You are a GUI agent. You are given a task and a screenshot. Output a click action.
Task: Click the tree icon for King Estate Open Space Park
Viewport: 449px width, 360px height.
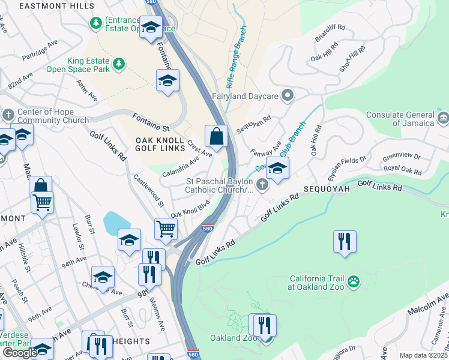point(119,63)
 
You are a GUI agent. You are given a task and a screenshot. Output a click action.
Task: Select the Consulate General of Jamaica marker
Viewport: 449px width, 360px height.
point(443,116)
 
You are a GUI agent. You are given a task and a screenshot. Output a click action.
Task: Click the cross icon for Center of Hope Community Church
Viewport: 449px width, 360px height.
point(8,114)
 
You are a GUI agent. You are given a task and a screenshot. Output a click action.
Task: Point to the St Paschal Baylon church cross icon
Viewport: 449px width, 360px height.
point(262,185)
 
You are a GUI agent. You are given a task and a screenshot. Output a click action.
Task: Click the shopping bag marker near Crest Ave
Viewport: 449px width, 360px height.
point(216,137)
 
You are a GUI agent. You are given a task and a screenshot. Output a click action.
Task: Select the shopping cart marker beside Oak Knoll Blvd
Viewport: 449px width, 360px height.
point(166,228)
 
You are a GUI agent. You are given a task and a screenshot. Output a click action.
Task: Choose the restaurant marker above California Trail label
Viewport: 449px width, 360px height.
point(345,241)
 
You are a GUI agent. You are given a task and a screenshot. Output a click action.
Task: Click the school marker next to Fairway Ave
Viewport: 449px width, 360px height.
point(277,169)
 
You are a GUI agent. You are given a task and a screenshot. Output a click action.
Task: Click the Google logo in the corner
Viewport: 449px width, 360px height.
point(19,353)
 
